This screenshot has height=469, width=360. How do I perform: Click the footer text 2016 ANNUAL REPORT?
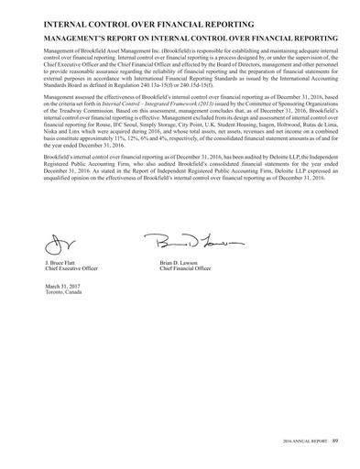306,443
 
